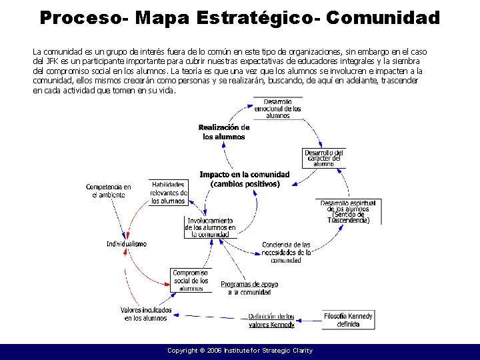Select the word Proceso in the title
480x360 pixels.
[x=79, y=17]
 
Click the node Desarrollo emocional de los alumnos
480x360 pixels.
[x=277, y=108]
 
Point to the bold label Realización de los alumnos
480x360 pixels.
[x=224, y=132]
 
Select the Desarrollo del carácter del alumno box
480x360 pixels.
[x=323, y=158]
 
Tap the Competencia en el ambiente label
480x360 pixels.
[x=109, y=191]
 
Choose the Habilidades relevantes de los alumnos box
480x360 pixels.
[x=168, y=193]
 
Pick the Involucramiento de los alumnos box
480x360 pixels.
[x=210, y=227]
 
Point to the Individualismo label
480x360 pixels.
[x=127, y=244]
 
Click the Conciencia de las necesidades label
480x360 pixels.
[x=286, y=252]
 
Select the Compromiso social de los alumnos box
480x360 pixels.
[x=191, y=281]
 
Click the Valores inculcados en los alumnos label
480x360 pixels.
[x=146, y=314]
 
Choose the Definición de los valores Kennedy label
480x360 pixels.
[x=271, y=321]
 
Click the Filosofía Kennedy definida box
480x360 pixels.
[x=348, y=320]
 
